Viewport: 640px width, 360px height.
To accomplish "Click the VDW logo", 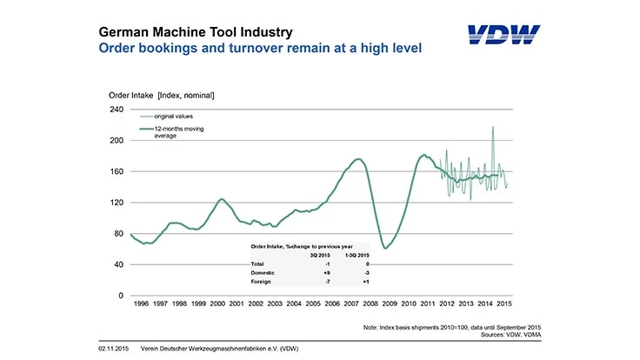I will coord(503,36).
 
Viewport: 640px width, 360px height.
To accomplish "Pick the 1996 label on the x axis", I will coord(140,304).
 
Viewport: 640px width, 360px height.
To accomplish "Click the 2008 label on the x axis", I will coord(370,304).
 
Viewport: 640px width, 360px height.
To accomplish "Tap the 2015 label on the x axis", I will coord(503,304).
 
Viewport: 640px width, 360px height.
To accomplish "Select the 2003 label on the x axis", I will coord(274,304).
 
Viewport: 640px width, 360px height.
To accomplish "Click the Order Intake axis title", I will coord(161,94).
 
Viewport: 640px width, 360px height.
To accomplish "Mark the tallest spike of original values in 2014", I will coord(493,128).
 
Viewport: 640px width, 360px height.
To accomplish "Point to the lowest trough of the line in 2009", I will coord(385,248).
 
